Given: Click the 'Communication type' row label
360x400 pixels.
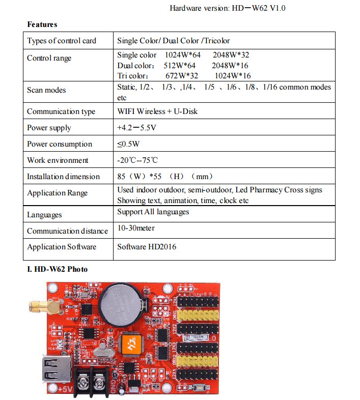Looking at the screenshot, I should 61,111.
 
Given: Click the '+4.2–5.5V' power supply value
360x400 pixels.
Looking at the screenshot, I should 136,128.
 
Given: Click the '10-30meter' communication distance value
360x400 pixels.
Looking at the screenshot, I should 135,228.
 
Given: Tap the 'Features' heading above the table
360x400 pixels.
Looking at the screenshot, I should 42,24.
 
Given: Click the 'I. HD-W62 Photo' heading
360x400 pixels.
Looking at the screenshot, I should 57,269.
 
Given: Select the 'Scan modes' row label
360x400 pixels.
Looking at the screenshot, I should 46,90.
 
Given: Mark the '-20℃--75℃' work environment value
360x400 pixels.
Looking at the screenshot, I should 137,160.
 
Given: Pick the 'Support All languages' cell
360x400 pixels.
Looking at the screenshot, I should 153,212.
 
